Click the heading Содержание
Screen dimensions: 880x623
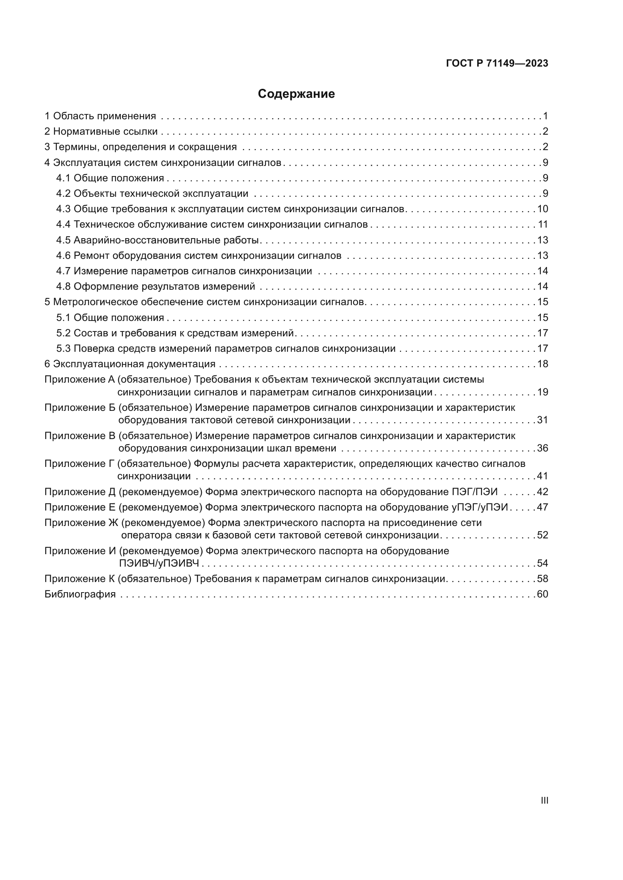point(296,94)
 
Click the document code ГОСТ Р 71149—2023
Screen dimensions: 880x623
point(497,64)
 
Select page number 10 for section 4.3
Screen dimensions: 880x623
point(542,209)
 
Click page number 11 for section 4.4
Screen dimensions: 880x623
point(542,224)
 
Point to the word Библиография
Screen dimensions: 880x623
point(80,594)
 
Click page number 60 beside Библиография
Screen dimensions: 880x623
point(542,594)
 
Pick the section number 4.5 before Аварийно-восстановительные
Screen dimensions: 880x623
point(63,240)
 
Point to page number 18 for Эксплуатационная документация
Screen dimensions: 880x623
point(542,364)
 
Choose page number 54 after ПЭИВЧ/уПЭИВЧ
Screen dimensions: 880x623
point(542,564)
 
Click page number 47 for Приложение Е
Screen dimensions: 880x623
point(542,508)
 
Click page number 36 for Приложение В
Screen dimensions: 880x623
point(542,448)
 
